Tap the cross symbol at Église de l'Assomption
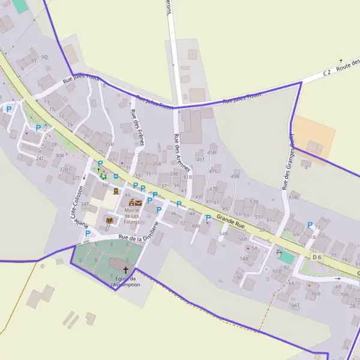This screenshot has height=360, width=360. click(126, 270)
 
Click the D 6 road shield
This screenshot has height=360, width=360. click(317, 257)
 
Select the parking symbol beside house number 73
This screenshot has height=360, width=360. click(310, 225)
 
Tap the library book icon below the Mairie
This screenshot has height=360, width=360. click(109, 221)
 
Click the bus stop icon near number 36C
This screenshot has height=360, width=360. click(116, 177)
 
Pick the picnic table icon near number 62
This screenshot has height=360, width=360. click(278, 253)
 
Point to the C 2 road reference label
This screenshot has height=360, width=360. click(327, 73)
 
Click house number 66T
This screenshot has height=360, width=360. click(295, 305)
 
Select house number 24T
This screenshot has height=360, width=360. click(40, 158)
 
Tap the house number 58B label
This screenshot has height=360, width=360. click(244, 259)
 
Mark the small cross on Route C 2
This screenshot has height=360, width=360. click(341, 61)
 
